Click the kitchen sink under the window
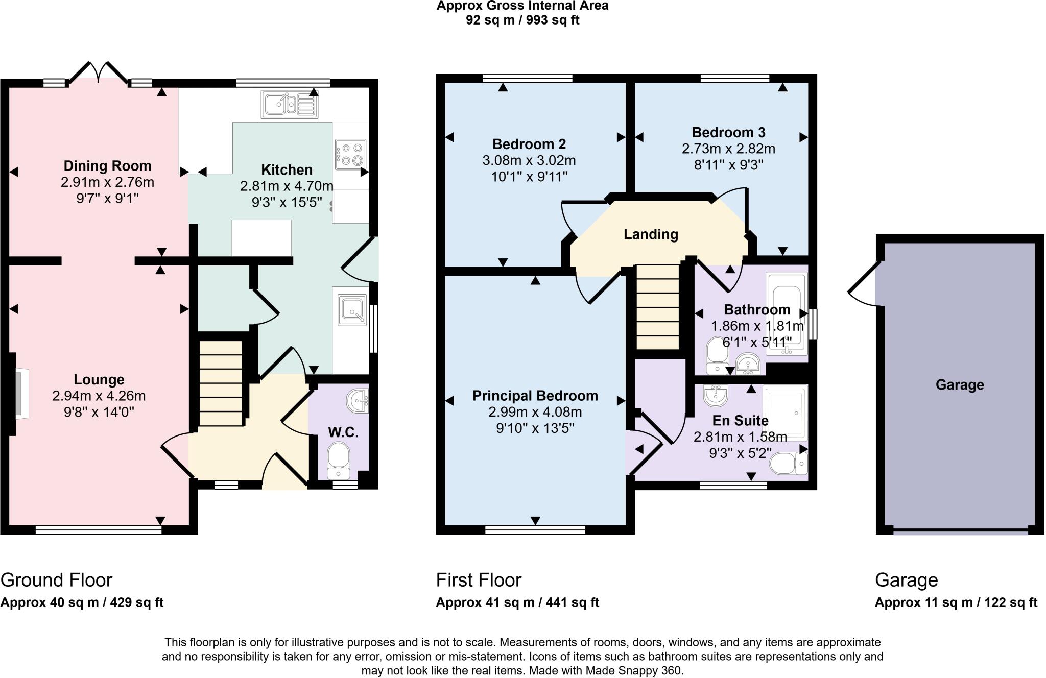tap(290, 104)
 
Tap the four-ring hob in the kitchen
tap(350, 154)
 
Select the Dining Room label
tap(107, 166)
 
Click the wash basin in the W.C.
tap(359, 401)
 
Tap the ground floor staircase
tap(221, 383)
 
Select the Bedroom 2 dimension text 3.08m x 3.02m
tap(529, 161)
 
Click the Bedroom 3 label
tap(728, 133)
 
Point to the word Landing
tap(651, 234)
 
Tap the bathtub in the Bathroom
tap(787, 313)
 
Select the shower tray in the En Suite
tap(785, 413)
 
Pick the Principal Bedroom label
tap(535, 396)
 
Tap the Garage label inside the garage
tap(959, 384)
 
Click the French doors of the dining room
tap(98, 73)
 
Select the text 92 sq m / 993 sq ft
tap(522, 20)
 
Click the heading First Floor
tap(479, 580)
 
